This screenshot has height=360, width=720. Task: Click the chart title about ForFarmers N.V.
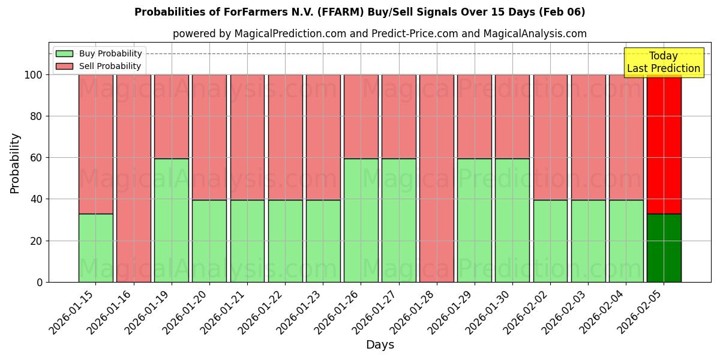pos(359,12)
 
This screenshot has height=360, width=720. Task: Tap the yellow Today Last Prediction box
pos(663,62)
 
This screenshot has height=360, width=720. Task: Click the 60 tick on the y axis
pos(37,158)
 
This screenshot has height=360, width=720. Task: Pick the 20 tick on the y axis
pos(37,241)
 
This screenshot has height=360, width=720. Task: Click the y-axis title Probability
pos(15,163)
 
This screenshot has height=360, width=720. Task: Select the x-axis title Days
pos(380,345)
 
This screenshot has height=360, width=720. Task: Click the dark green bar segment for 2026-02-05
pos(664,248)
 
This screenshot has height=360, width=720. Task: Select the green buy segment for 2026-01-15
pos(95,248)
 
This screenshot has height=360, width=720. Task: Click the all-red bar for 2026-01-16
pos(133,178)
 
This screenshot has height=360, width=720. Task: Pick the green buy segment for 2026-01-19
pos(171,220)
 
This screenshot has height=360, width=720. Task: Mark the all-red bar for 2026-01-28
pos(436,178)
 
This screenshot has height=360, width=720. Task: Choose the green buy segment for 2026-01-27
pos(398,220)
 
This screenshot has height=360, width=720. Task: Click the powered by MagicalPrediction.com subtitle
pos(379,34)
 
